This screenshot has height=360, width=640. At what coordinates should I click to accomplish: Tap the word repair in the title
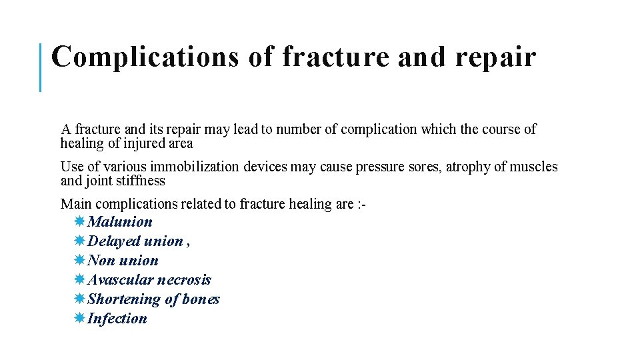[x=496, y=57]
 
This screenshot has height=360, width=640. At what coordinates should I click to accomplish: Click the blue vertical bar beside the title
[x=41, y=67]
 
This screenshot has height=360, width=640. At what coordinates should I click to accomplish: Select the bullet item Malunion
[x=119, y=222]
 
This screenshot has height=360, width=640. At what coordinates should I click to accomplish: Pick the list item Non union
[x=123, y=261]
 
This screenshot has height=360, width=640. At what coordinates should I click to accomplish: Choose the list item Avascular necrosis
[x=149, y=280]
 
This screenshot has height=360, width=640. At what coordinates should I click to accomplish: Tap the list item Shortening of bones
[x=153, y=299]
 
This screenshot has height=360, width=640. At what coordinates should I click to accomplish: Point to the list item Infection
[x=117, y=319]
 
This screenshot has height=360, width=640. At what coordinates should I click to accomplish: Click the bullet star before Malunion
[x=79, y=222]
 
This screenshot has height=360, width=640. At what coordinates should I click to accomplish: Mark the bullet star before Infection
[x=79, y=319]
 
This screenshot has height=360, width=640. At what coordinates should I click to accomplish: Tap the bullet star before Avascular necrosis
[x=79, y=280]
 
